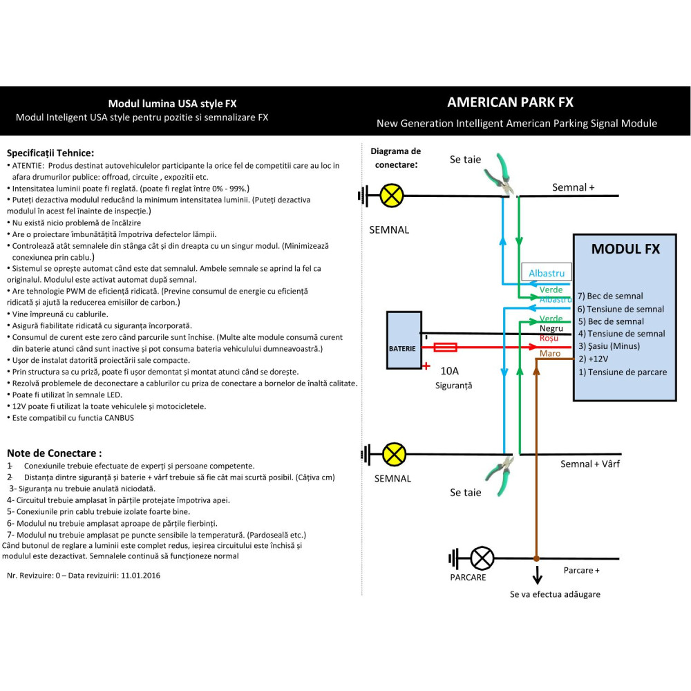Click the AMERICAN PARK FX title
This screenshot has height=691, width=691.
click(510, 102)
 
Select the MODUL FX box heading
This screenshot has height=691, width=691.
click(625, 249)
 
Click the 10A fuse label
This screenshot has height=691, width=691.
click(449, 371)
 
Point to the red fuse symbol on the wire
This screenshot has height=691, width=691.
click(444, 348)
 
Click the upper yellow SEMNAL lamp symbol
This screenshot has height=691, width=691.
click(392, 196)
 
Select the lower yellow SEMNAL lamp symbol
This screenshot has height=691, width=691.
click(395, 454)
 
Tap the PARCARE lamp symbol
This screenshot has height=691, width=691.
click(482, 558)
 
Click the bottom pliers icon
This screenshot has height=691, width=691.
click(501, 470)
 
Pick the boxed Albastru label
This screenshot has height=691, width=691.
click(547, 273)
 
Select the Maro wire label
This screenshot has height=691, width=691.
click(550, 353)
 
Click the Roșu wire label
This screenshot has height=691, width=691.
click(549, 338)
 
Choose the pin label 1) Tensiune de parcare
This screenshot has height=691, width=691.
click(622, 372)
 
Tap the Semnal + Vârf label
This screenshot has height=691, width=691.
click(589, 464)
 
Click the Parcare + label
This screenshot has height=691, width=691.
click(581, 570)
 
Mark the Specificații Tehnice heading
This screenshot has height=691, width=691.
click(50, 153)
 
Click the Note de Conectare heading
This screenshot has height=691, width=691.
click(54, 453)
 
